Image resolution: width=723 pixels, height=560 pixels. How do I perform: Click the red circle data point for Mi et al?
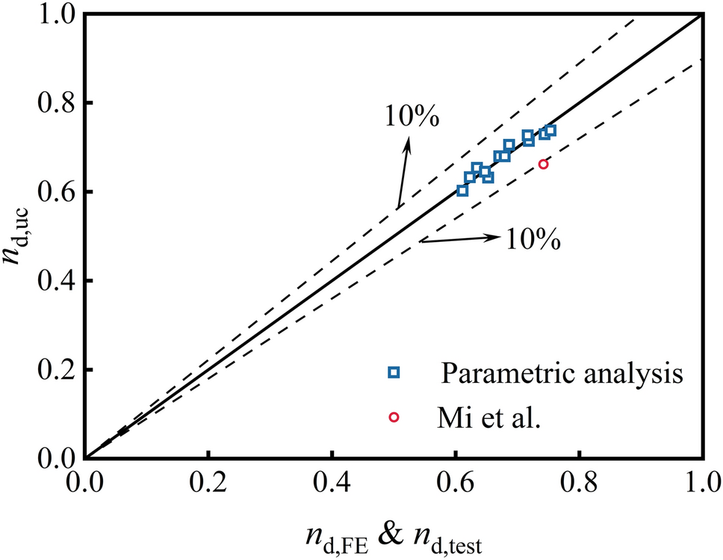click(x=543, y=164)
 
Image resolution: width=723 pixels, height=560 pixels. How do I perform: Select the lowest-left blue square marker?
click(x=462, y=190)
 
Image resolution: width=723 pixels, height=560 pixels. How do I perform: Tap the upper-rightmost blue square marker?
click(x=550, y=131)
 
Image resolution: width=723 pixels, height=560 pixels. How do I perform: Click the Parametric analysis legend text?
click(x=562, y=373)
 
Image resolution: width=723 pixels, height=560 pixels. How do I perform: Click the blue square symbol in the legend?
click(x=394, y=373)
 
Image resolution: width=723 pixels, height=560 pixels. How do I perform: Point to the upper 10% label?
click(x=412, y=117)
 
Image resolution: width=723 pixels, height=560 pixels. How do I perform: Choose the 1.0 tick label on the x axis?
click(x=699, y=478)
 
